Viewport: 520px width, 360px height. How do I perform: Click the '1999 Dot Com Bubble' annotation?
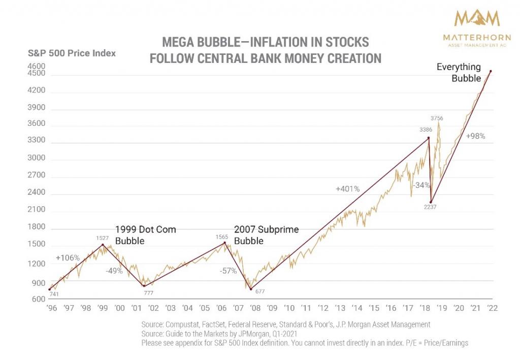(145, 235)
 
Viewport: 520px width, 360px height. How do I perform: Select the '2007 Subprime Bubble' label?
(266, 235)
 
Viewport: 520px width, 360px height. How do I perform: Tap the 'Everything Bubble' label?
(459, 73)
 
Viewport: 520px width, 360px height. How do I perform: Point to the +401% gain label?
(347, 189)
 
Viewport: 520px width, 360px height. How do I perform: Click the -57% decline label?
(228, 271)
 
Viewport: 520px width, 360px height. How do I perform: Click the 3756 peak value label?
(437, 118)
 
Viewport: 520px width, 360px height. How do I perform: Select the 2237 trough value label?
(430, 207)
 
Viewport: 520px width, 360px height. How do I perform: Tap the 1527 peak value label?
(103, 238)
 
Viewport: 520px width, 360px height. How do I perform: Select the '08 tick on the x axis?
(254, 308)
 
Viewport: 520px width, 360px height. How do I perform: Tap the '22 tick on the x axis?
(492, 308)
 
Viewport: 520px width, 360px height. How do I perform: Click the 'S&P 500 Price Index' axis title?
(71, 53)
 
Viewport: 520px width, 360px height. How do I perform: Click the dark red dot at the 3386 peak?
(429, 138)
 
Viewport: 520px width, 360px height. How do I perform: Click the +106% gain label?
(68, 257)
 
